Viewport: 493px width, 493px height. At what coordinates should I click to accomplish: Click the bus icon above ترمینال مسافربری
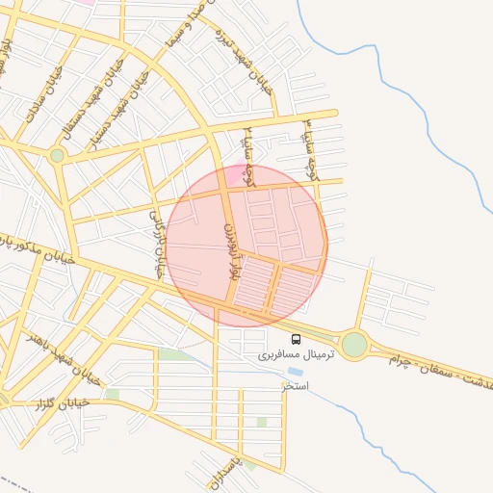pos(296,339)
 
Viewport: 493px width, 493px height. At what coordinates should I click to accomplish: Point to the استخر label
pos(295,386)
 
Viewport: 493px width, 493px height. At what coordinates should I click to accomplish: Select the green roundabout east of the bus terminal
pos(354,344)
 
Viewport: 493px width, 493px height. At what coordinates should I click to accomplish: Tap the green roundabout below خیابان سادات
pos(58,155)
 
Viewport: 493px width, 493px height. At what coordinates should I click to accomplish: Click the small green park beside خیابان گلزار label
pos(113,395)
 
